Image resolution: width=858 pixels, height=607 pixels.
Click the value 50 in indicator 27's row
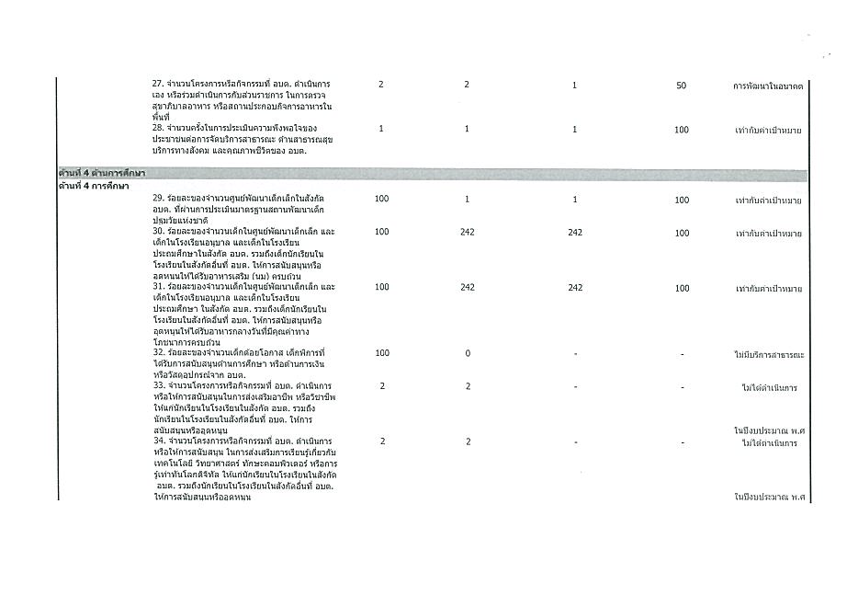[x=681, y=86]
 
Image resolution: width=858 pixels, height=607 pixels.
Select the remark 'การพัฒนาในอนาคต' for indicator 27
[x=768, y=86]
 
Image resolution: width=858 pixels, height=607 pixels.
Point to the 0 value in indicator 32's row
[x=467, y=353]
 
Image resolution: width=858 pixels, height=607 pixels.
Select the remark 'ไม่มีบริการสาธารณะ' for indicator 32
[x=769, y=354]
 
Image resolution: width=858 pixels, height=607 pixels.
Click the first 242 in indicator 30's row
[x=467, y=233]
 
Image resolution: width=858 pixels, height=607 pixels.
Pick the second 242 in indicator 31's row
[x=575, y=288]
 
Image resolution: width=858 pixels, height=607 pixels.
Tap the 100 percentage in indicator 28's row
[x=681, y=130]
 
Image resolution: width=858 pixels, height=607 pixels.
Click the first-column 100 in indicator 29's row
[x=381, y=200]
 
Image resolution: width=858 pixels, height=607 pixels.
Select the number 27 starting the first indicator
[x=157, y=85]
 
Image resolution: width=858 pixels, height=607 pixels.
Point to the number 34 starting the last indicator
[x=157, y=442]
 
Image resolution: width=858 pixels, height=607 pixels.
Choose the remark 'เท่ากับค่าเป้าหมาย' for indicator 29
[x=769, y=200]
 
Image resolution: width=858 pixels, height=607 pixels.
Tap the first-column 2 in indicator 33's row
[x=381, y=386]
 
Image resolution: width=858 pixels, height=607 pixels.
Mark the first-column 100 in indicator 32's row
[x=381, y=353]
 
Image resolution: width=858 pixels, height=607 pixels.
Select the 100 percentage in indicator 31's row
[x=681, y=288]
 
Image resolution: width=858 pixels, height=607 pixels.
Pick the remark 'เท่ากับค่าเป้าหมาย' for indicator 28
[x=769, y=130]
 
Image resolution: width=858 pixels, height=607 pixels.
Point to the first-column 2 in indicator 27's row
[x=381, y=85]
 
